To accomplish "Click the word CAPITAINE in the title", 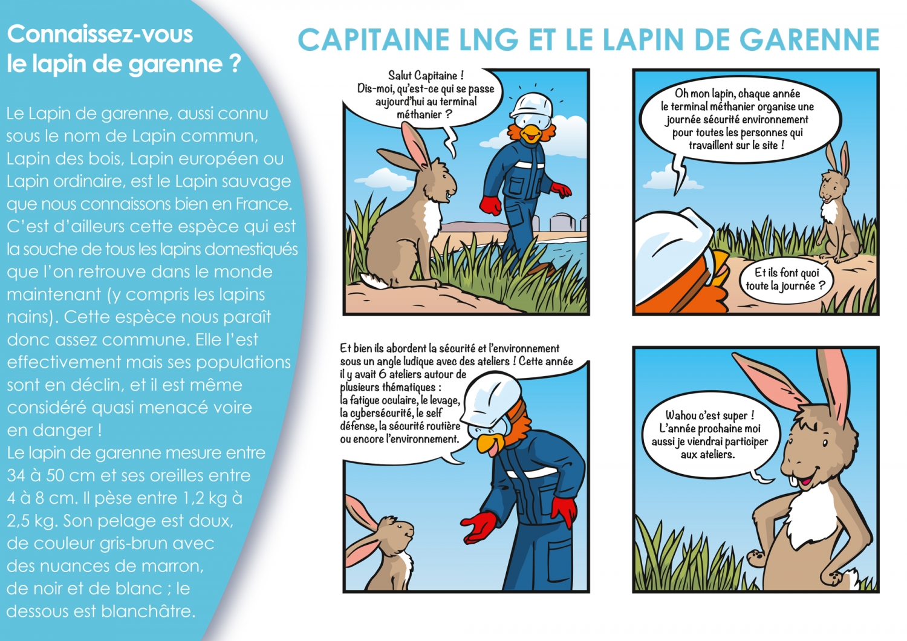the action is click(373, 40).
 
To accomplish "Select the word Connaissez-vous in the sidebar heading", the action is click(100, 34).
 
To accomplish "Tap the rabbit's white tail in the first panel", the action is click(371, 281).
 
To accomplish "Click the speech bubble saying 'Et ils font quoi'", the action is click(785, 279).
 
